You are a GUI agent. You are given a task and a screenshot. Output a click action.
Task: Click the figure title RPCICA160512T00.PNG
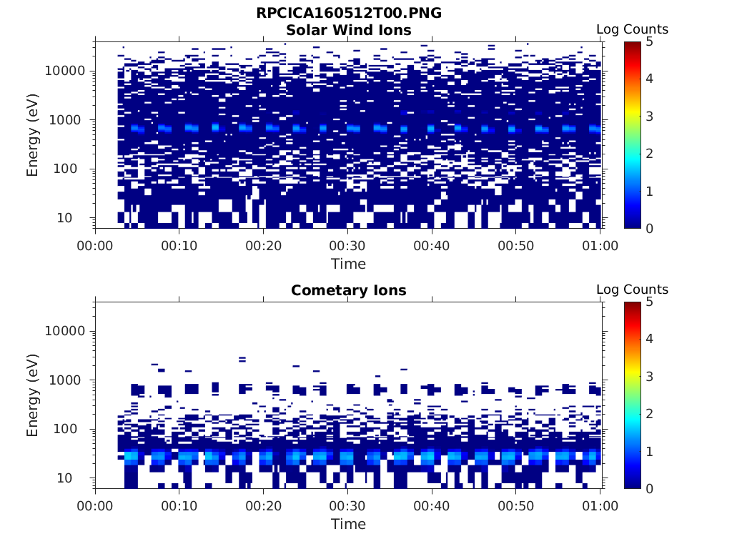tap(348, 14)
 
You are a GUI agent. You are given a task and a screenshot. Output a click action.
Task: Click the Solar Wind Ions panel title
tap(348, 30)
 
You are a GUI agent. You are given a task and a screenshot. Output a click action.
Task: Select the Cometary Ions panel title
tap(348, 290)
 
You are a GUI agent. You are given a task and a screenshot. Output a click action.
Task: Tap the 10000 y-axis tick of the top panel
tap(65, 71)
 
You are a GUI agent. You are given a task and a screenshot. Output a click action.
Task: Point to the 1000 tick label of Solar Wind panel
tap(69, 120)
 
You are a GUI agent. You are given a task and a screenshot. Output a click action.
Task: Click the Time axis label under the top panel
tap(348, 264)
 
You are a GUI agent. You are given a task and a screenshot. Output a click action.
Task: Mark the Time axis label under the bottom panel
tap(348, 524)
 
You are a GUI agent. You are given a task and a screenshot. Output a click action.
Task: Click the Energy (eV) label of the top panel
tap(33, 135)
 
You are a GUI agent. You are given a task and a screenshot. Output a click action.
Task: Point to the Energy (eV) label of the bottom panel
tap(33, 395)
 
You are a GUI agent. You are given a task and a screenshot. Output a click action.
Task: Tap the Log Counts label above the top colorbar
tap(632, 29)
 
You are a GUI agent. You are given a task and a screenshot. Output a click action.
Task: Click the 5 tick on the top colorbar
tap(648, 41)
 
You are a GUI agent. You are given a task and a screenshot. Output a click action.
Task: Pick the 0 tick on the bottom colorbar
tap(648, 488)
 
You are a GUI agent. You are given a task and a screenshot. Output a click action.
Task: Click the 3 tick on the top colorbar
tap(648, 116)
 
